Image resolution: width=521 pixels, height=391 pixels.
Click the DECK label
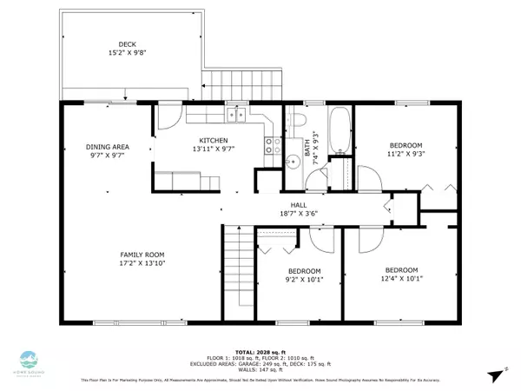[128, 44]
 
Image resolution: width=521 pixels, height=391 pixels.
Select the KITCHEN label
[213, 140]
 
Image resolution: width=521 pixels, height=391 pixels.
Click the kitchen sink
[234, 114]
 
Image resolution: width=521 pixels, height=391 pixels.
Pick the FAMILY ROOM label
[142, 255]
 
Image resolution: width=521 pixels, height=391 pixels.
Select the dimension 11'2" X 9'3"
[406, 154]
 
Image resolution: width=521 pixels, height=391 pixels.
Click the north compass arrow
[493, 374]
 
